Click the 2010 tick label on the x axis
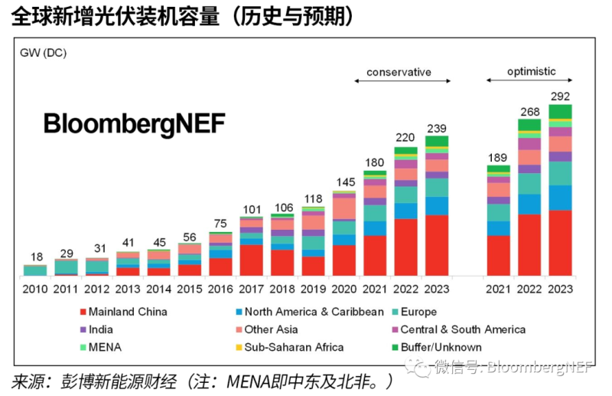[x=35, y=290]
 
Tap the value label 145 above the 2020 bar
[x=345, y=182]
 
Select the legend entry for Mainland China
[x=122, y=312]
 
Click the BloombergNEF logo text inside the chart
[x=134, y=124]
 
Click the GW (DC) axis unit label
[x=42, y=52]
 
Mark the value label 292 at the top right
[x=561, y=97]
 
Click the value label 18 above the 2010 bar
[x=35, y=257]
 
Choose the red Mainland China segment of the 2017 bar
[x=252, y=260]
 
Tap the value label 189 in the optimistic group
[x=498, y=158]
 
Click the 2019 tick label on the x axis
[x=314, y=290]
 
